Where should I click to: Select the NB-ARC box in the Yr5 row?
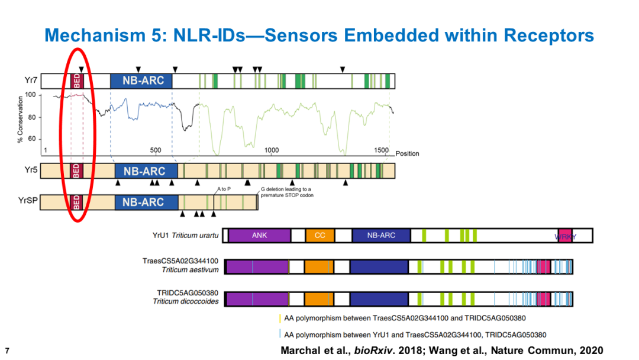[146, 171]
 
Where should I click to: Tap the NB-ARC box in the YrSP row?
[146, 202]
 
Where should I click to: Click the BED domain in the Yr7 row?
[77, 81]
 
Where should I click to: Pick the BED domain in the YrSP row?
[76, 202]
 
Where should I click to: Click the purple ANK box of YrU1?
[259, 235]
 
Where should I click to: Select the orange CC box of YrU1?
[320, 235]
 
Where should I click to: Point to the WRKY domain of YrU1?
[565, 236]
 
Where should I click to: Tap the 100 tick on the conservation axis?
[31, 95]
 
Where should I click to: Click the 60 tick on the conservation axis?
[32, 139]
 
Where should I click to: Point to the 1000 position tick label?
[272, 150]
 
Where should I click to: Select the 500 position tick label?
[155, 150]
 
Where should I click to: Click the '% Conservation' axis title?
[20, 120]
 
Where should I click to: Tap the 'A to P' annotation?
[224, 189]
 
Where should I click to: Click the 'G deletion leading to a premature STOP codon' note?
[288, 192]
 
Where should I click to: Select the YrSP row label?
[28, 200]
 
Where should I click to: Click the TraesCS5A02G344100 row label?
[180, 261]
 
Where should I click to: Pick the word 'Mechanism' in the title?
[95, 35]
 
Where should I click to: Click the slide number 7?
[7, 351]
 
